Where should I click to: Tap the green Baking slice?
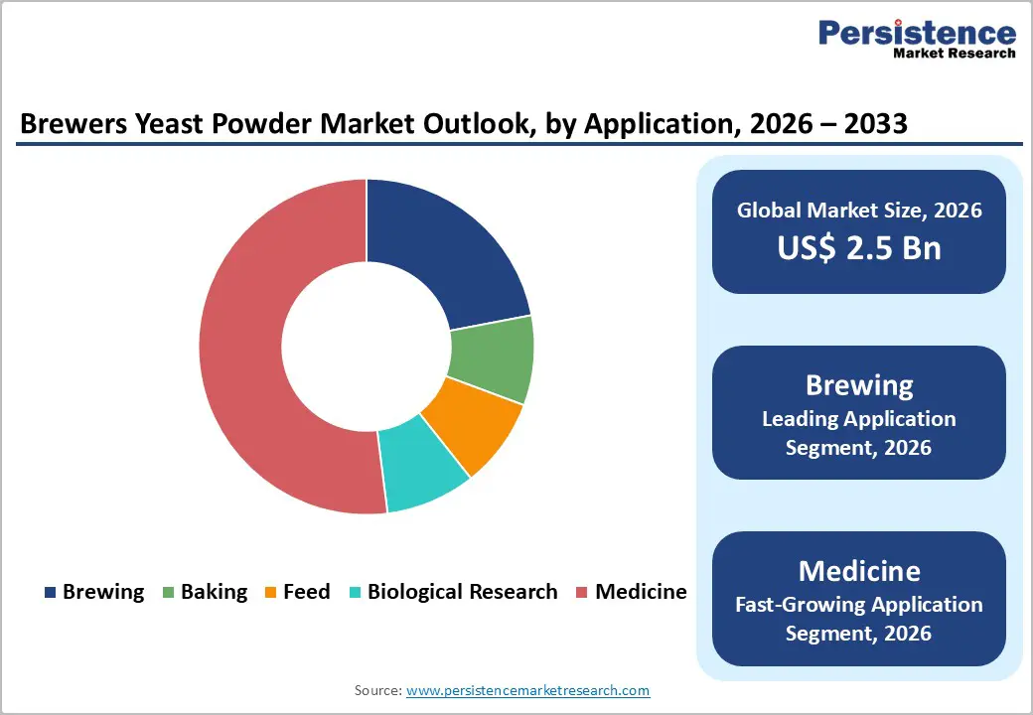click(491, 357)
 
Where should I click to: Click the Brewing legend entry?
click(94, 592)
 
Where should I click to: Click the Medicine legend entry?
click(631, 592)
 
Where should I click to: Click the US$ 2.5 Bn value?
click(859, 247)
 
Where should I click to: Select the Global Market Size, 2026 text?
click(859, 210)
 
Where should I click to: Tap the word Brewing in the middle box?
click(859, 385)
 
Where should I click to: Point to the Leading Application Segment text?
click(859, 433)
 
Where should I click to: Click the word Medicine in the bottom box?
click(859, 571)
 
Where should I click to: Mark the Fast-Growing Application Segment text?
click(859, 618)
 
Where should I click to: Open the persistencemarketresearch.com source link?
click(527, 690)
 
